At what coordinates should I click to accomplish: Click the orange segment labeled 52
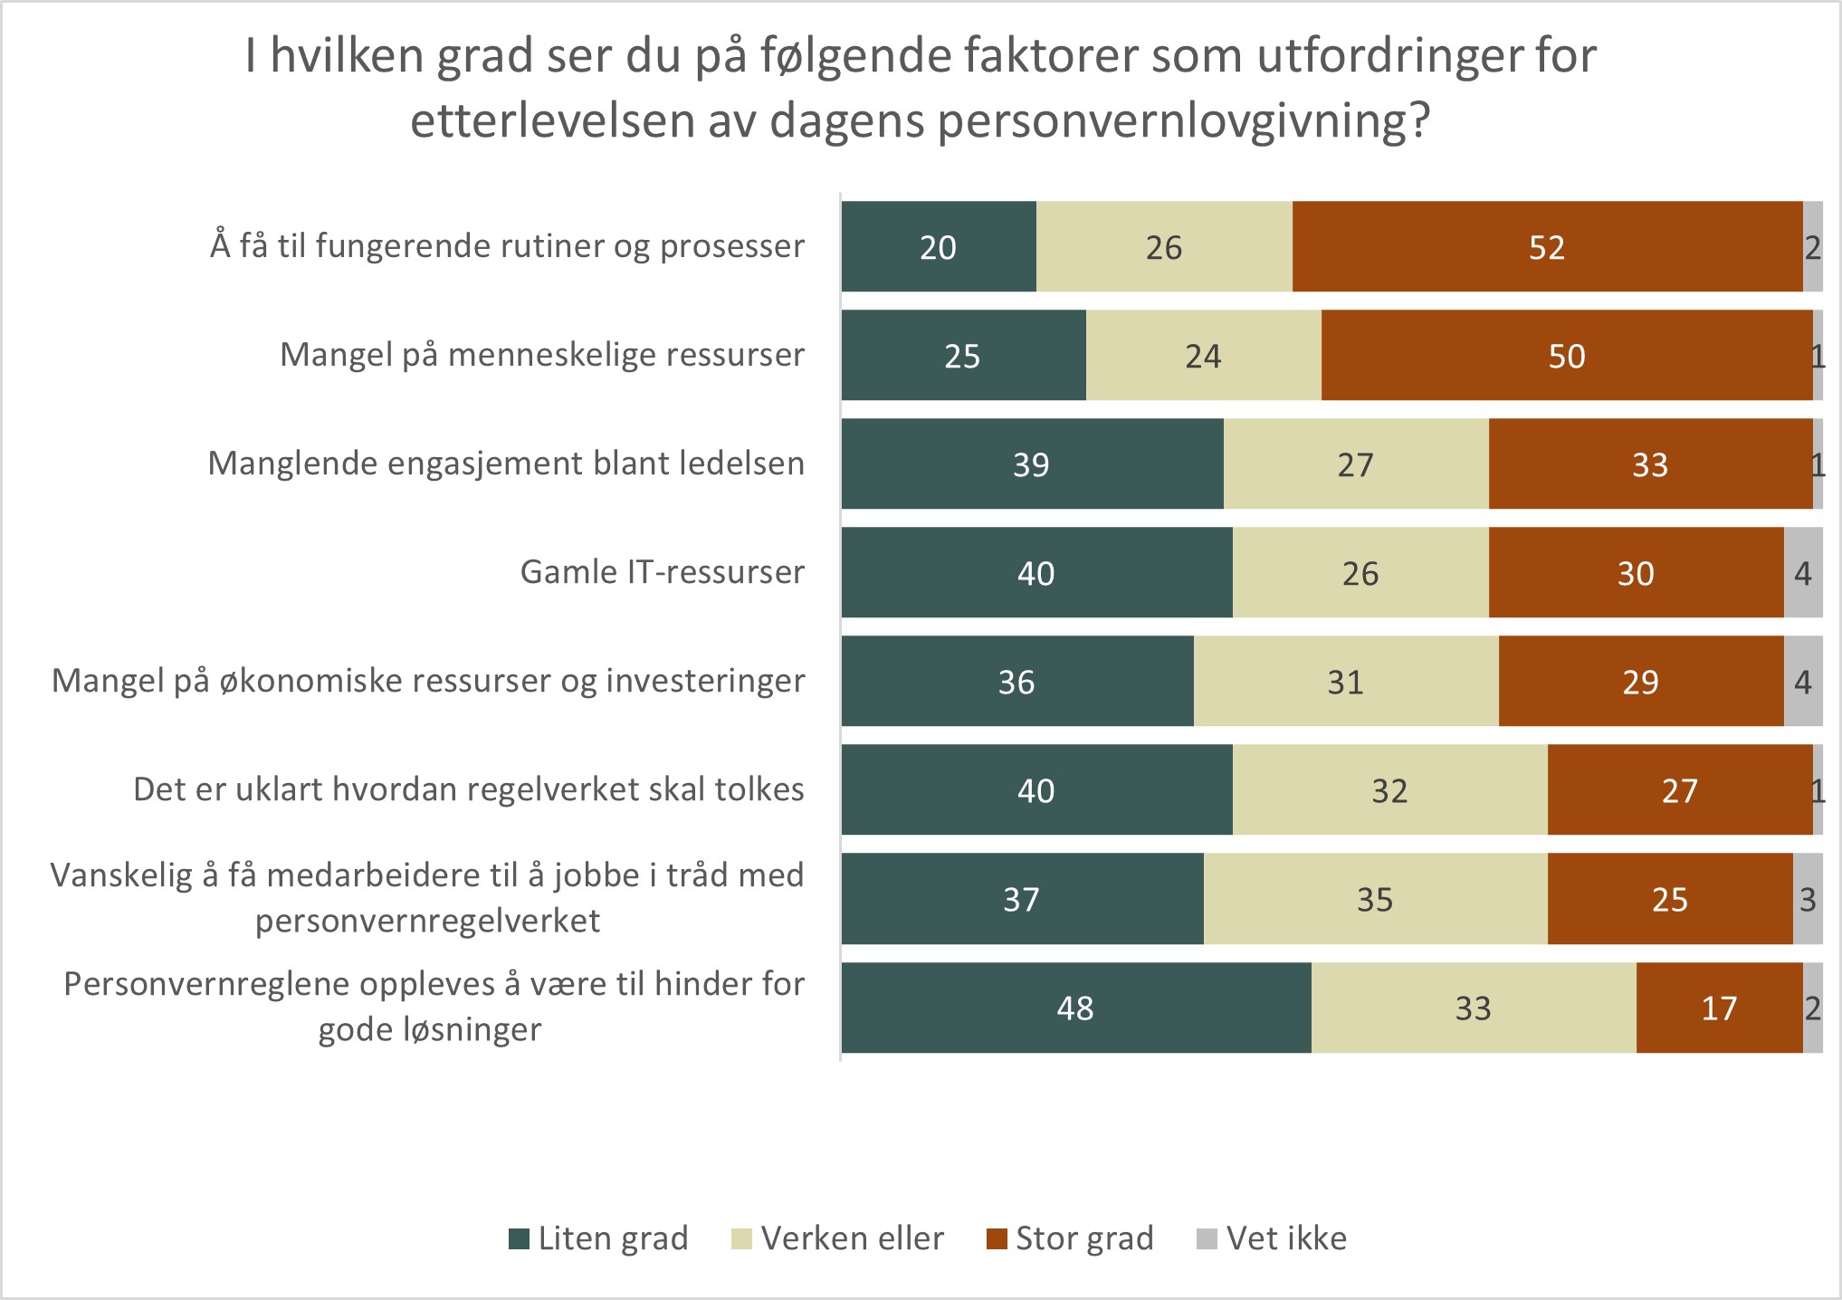click(x=1547, y=247)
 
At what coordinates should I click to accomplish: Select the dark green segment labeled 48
click(x=1075, y=1008)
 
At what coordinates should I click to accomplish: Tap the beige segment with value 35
click(x=1375, y=899)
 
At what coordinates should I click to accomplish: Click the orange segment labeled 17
click(x=1719, y=1008)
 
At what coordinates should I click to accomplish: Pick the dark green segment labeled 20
click(x=938, y=247)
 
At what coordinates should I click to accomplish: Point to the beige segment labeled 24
click(x=1203, y=356)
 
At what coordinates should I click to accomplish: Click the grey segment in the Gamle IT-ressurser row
click(x=1802, y=573)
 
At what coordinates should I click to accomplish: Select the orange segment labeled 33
click(x=1649, y=464)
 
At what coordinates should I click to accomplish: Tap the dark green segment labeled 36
click(x=1016, y=682)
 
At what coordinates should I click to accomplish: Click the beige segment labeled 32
click(x=1389, y=790)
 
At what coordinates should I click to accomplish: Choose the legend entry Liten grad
click(x=599, y=1238)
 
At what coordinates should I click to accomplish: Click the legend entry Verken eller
click(x=837, y=1238)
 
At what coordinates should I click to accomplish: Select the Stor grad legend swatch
click(x=997, y=1238)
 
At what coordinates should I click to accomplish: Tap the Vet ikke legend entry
click(x=1272, y=1238)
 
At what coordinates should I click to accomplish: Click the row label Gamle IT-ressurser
click(x=662, y=572)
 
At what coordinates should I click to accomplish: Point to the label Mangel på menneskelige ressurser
click(x=541, y=355)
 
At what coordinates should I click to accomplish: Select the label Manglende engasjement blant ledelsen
click(x=505, y=464)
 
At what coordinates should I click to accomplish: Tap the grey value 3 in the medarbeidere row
click(x=1808, y=899)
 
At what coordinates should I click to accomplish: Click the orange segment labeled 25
click(x=1669, y=899)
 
